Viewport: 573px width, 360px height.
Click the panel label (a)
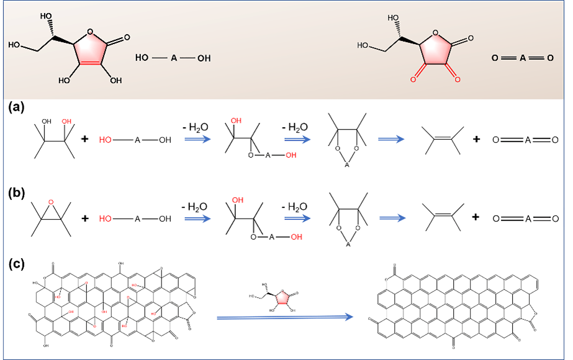17,107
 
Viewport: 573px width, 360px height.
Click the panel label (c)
17,264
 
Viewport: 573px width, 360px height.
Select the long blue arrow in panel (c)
285,317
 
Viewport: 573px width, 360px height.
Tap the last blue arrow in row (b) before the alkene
390,218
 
